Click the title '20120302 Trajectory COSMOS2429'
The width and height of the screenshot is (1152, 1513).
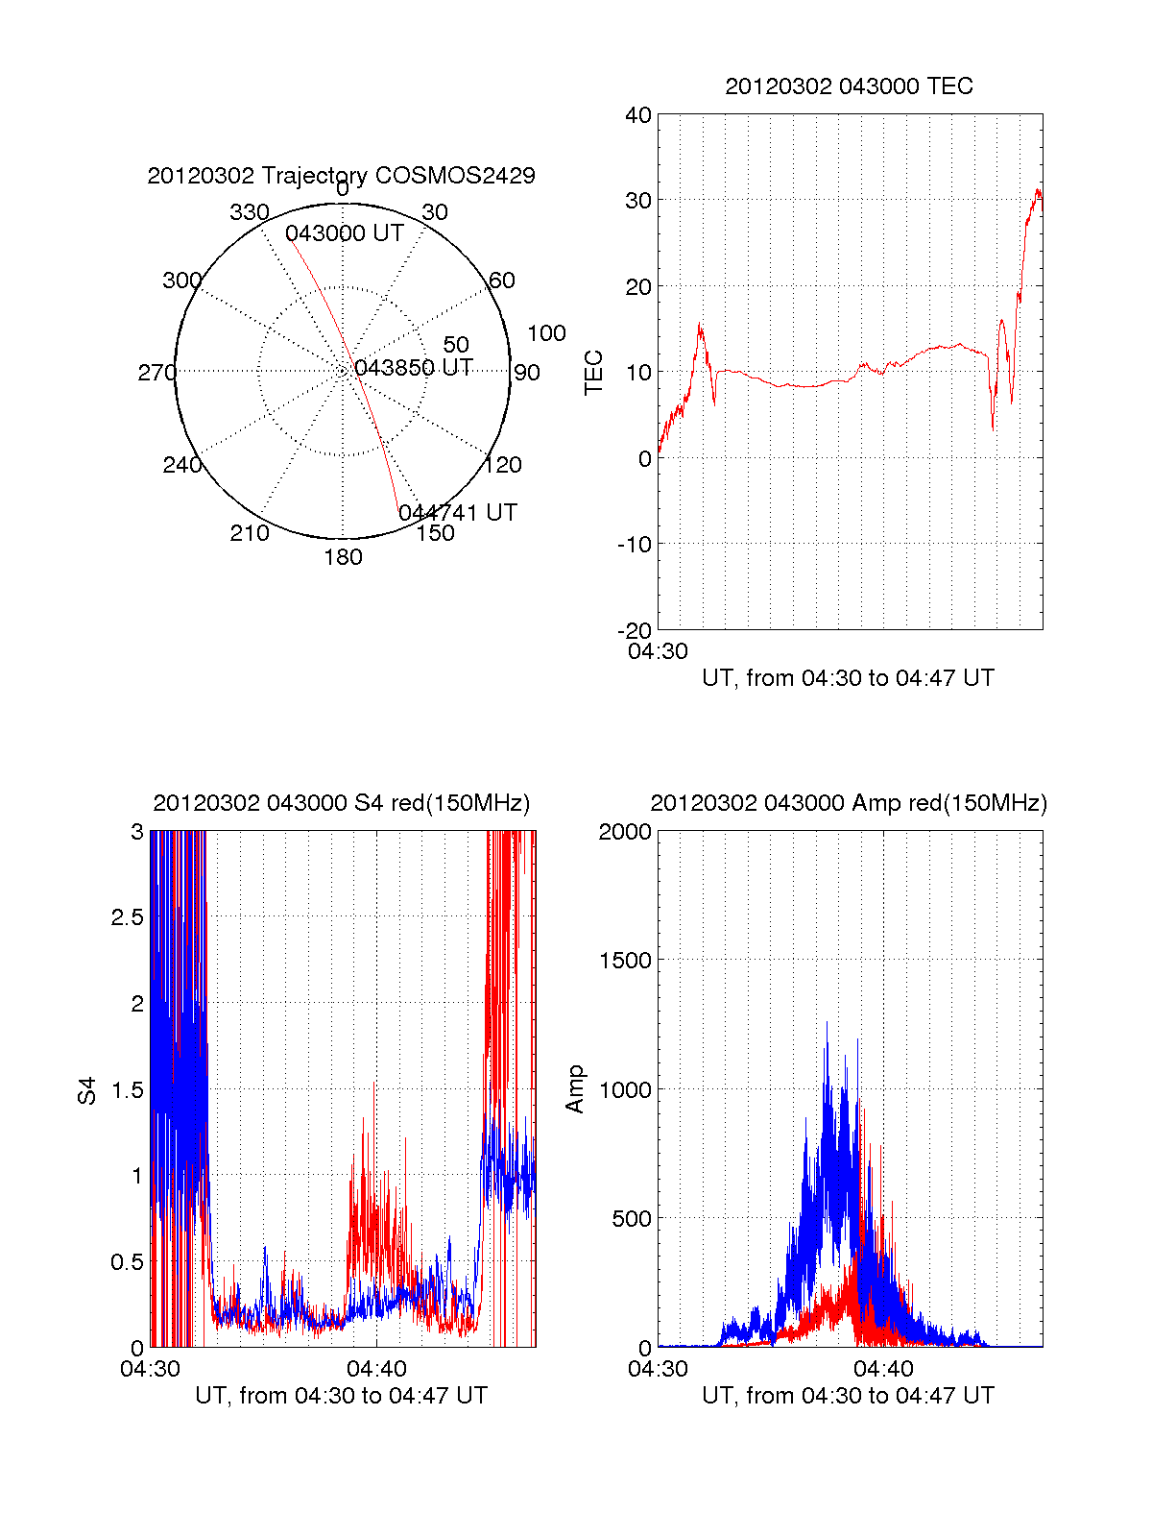click(341, 176)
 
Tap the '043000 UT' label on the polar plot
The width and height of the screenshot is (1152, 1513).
click(344, 233)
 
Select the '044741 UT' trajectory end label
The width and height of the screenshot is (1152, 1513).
click(458, 513)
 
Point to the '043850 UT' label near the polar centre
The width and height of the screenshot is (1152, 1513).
click(413, 368)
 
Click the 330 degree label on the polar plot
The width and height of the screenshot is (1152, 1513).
click(249, 212)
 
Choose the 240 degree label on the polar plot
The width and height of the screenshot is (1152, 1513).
click(181, 465)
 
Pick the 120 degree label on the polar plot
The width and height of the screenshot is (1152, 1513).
click(503, 465)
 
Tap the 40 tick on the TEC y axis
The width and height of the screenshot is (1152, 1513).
click(638, 115)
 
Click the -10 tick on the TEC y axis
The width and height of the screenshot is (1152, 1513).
click(635, 545)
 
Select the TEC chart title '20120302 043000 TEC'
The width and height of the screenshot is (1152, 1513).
click(849, 86)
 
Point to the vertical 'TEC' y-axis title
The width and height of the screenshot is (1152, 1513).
click(594, 373)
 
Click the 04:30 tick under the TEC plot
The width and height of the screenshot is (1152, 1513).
click(658, 651)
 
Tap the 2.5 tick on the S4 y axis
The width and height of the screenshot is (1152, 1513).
click(127, 917)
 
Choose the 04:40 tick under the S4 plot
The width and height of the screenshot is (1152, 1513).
click(376, 1369)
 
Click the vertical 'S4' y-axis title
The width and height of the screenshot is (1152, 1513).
click(87, 1090)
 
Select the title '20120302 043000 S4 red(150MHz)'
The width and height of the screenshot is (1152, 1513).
click(341, 803)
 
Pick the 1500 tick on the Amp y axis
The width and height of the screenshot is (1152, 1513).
click(625, 961)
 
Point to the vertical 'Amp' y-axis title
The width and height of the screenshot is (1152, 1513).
click(575, 1089)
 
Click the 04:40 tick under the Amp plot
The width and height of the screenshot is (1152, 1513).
click(883, 1369)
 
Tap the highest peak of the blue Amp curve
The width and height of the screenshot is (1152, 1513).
click(827, 1023)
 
